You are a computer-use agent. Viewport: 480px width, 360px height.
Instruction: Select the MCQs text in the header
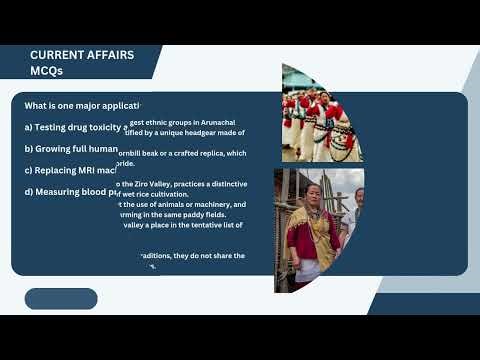(49, 71)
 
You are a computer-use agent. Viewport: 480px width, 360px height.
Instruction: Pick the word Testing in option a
(56, 128)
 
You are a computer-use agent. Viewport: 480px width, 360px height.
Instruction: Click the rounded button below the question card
(61, 299)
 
